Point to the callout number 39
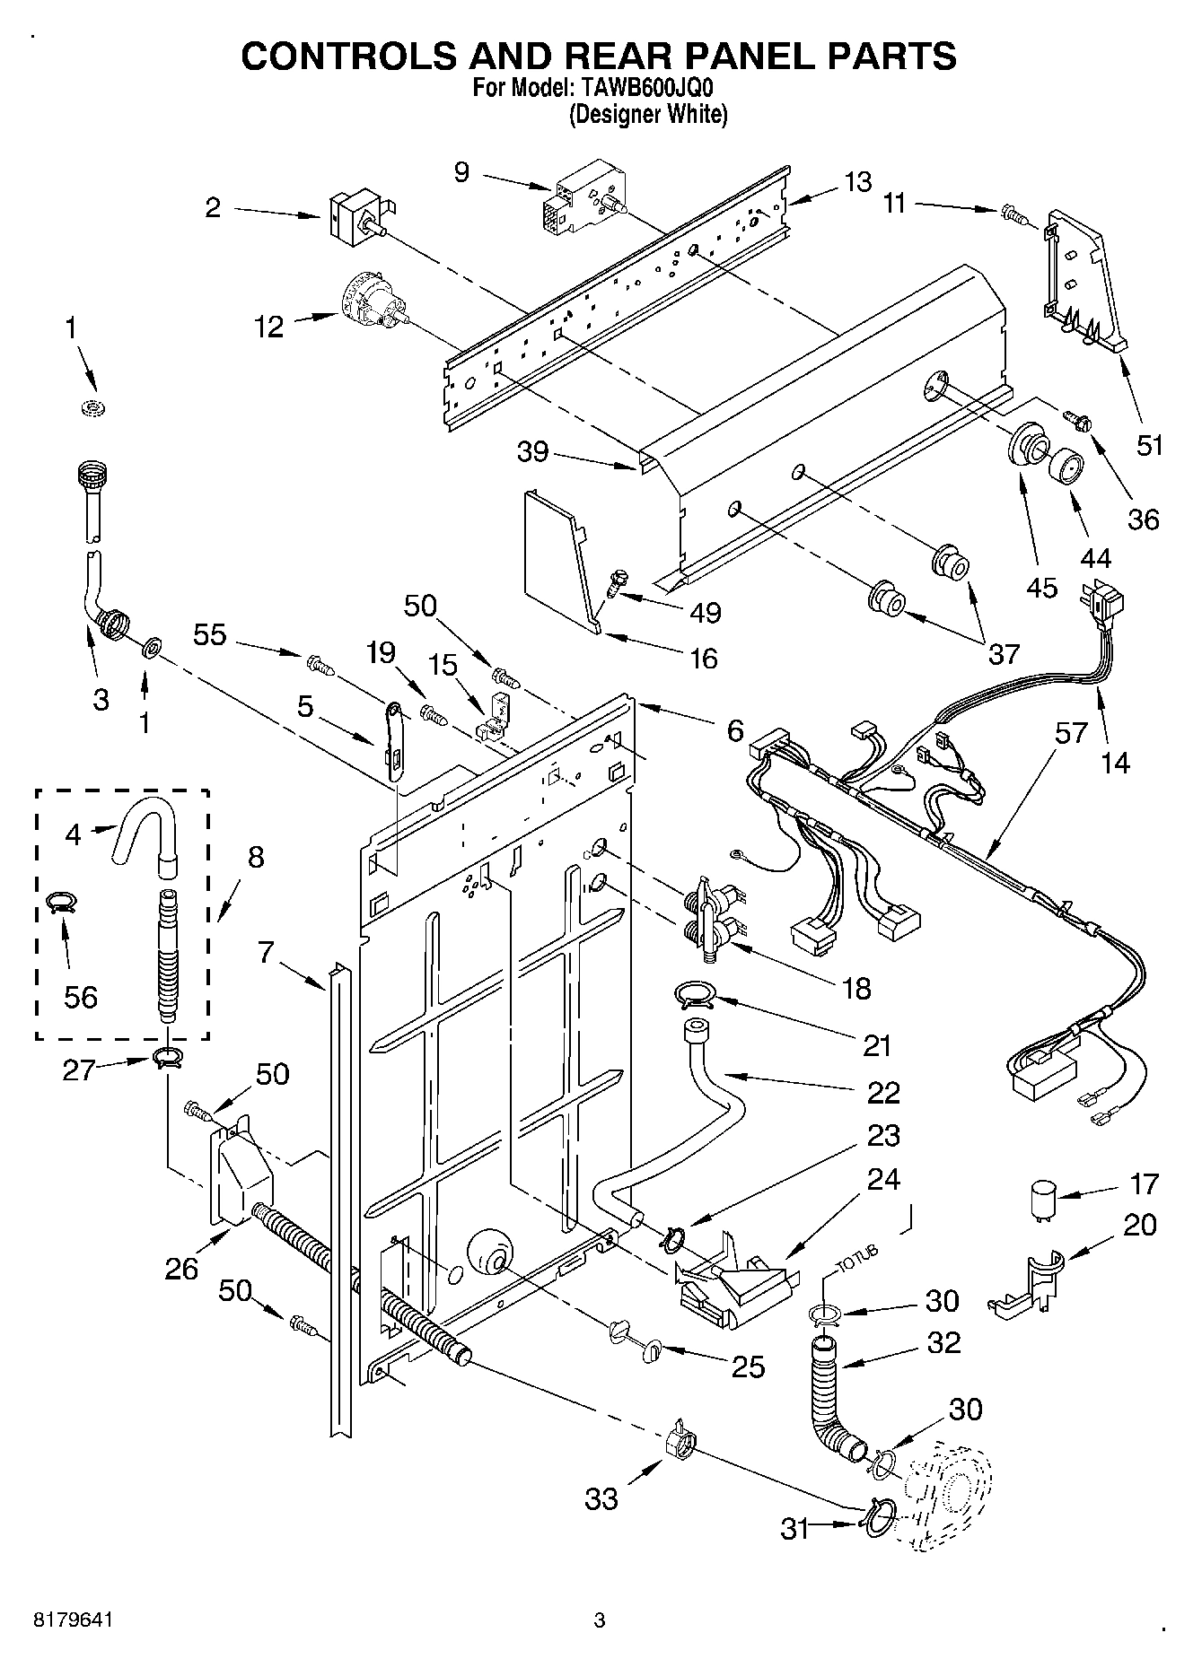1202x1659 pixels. (533, 450)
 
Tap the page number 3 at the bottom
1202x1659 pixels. (600, 1620)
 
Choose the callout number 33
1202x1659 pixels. (601, 1497)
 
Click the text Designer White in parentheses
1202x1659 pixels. (646, 115)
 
